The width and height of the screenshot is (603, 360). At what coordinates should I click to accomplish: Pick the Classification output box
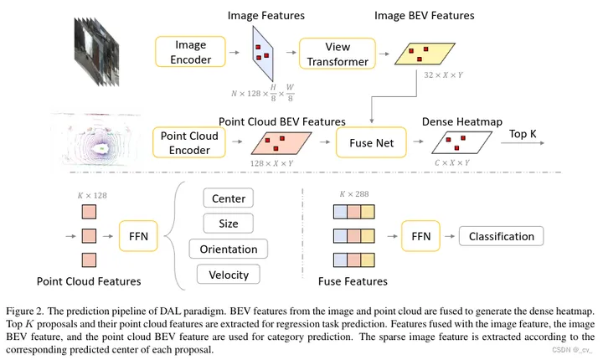tap(502, 236)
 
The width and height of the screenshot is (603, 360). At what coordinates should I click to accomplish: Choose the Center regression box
tap(229, 200)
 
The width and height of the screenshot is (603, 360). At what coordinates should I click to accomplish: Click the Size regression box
tap(229, 224)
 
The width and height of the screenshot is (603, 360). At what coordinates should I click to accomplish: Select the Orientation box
tap(229, 249)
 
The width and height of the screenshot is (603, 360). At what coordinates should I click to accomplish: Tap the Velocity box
tap(229, 274)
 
